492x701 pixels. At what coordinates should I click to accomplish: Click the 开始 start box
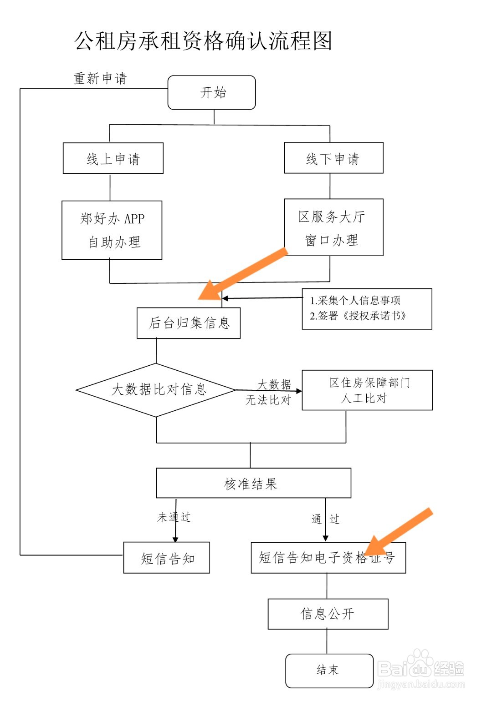tap(212, 93)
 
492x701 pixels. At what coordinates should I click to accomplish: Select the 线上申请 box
tap(113, 158)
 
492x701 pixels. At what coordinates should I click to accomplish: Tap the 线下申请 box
tap(333, 158)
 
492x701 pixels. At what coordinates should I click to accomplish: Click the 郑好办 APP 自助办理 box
tap(112, 230)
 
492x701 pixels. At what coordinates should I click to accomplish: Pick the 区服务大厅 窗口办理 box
tap(333, 227)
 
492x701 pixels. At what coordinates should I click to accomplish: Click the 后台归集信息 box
tap(189, 323)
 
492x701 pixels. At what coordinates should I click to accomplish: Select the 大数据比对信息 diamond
tap(156, 390)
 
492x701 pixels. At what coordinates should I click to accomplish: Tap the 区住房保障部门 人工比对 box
tap(367, 390)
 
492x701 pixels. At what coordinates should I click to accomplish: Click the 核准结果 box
tap(253, 483)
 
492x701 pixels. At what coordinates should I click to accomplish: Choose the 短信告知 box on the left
tap(167, 558)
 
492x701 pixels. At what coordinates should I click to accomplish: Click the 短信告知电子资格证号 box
tap(328, 558)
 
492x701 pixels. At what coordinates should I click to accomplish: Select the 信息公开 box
tap(328, 614)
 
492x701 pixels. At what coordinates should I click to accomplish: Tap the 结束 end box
tap(329, 671)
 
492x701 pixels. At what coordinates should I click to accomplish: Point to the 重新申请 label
tap(100, 78)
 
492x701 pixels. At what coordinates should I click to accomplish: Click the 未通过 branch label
tap(174, 517)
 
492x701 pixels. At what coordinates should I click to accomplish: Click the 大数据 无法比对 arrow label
tap(269, 392)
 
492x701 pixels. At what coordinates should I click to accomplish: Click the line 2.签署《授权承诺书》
tap(358, 316)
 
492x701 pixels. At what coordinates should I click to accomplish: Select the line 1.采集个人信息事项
tap(355, 300)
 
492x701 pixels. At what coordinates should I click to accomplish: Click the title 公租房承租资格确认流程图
tap(203, 41)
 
